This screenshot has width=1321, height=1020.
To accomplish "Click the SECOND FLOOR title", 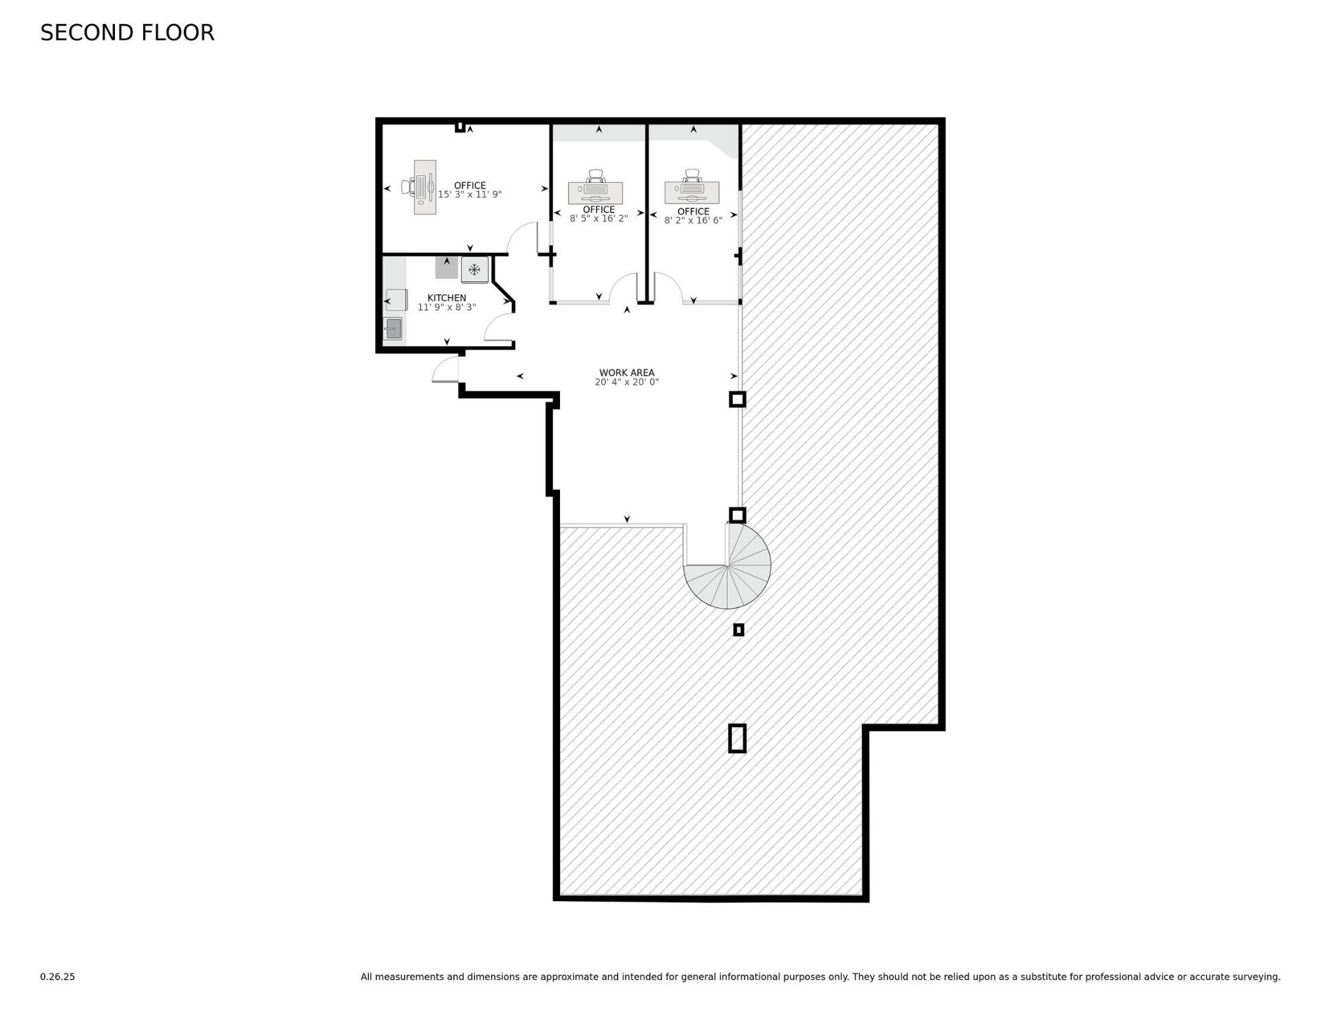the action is (127, 32).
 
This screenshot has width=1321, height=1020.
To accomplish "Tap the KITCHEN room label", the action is (447, 298).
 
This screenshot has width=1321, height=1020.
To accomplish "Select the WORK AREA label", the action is (627, 373).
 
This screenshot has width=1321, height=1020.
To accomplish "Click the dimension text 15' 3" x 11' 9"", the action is (470, 195).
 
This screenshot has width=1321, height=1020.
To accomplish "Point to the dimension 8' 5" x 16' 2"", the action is (599, 219).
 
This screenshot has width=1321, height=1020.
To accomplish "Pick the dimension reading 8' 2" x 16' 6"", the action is (693, 221).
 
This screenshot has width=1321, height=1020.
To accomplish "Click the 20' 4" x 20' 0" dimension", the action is (627, 382).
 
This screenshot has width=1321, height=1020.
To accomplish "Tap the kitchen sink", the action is (394, 329).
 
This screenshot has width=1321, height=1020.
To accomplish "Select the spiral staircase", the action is (728, 565).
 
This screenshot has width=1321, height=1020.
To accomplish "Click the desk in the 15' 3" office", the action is (425, 187).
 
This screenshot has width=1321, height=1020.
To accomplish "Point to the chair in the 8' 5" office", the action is (595, 175).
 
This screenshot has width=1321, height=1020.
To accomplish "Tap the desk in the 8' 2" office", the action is (691, 193).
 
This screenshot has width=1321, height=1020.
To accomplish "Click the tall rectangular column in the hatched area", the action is (737, 738).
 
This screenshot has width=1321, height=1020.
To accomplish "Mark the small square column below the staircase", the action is (738, 629).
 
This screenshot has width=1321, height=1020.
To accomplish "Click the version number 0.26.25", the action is (57, 977).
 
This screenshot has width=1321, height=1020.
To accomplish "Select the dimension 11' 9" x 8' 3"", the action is (447, 307).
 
